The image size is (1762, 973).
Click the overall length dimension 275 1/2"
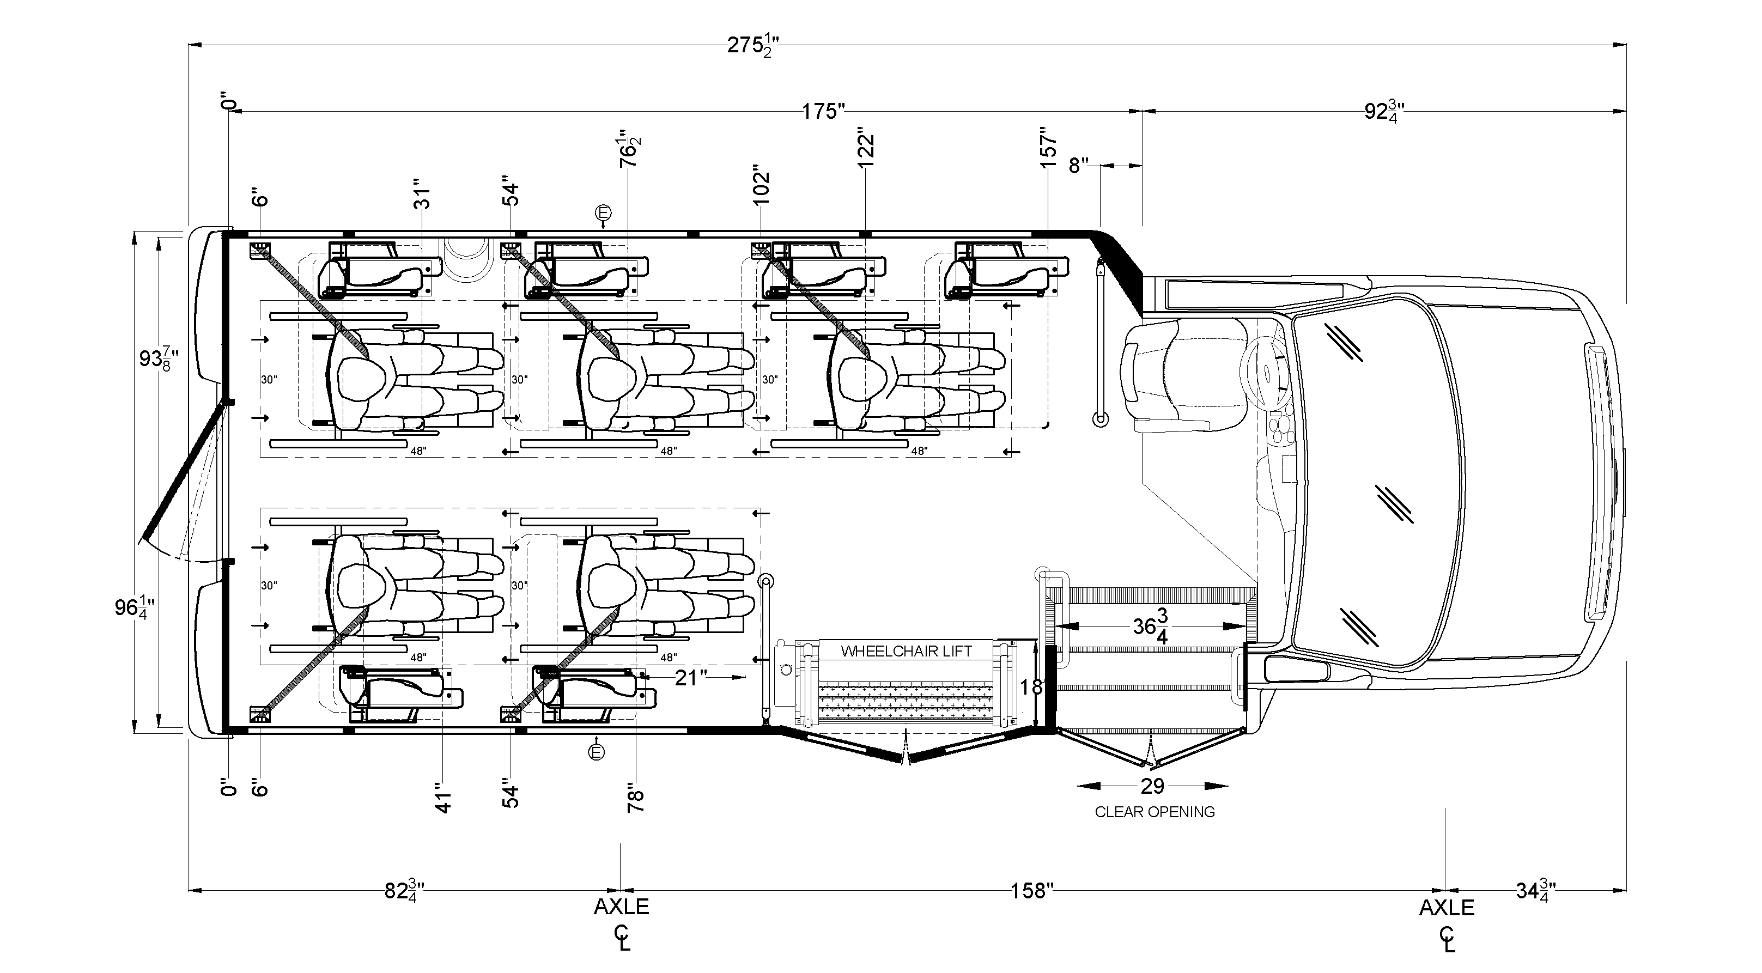click(x=752, y=46)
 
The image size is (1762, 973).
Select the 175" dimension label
click(x=824, y=111)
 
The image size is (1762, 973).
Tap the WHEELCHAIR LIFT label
click(x=906, y=651)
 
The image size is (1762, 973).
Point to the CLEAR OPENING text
click(x=1155, y=812)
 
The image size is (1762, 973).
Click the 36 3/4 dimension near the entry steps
click(x=1151, y=625)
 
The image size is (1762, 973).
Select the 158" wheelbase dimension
click(x=1031, y=891)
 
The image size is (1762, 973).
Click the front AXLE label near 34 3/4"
click(x=1447, y=908)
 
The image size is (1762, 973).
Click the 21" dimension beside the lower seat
click(x=690, y=677)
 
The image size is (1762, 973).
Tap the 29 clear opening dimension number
click(x=1152, y=786)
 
